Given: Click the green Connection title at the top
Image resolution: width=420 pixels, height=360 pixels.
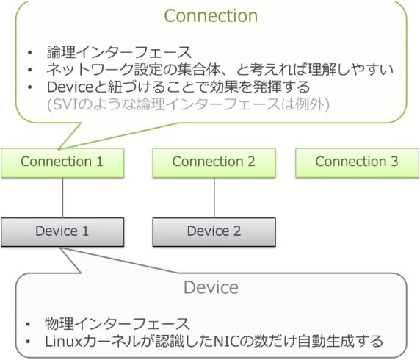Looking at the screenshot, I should (x=211, y=15).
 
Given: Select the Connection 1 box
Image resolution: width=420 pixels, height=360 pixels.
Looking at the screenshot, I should (x=62, y=162).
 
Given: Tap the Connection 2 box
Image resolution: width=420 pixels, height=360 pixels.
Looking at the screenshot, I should (x=214, y=162).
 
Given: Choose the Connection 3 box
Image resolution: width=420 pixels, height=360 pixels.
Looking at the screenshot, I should (x=357, y=162).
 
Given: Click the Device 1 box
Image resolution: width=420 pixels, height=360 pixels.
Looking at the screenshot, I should (x=62, y=231).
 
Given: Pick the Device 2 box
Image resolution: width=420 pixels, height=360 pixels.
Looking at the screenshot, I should (x=214, y=231).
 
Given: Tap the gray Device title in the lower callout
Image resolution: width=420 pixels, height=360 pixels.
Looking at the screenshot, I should (x=211, y=287).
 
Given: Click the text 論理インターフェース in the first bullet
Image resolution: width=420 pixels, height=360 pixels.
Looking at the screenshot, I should (x=118, y=53).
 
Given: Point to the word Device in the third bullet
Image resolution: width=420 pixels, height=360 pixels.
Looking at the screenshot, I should (x=68, y=87).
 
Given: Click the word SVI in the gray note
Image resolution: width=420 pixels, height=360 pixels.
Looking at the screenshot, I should (x=65, y=104).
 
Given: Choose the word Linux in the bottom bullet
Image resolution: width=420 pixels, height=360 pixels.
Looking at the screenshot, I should (x=64, y=342).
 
